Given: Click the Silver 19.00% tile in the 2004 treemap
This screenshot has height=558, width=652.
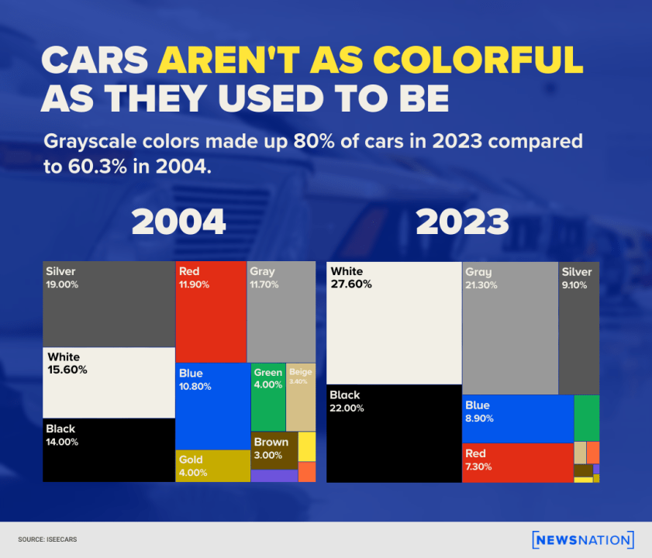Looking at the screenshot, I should click(x=109, y=304).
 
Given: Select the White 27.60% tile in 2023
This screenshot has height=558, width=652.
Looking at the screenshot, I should click(x=394, y=322).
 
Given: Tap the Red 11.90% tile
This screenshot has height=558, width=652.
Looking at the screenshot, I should click(x=211, y=312).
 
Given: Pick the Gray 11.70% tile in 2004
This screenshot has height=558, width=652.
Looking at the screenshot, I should click(x=281, y=312).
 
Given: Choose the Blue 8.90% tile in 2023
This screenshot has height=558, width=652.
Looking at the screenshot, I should click(x=517, y=418).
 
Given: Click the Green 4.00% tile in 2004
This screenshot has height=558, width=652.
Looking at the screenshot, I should click(x=268, y=397).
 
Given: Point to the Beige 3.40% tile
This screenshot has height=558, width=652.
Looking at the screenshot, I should click(x=301, y=397).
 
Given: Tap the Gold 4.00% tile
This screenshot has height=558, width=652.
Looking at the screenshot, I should click(x=212, y=466).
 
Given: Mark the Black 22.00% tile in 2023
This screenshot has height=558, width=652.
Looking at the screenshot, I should click(x=394, y=433).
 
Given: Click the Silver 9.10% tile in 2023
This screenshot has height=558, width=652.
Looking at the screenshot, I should click(x=579, y=328).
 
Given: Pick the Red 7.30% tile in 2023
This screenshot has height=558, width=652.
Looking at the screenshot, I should click(x=517, y=463).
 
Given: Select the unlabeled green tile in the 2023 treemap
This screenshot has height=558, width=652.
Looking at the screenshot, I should click(x=586, y=418).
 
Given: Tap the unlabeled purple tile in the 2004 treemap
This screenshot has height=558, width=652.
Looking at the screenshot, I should click(x=274, y=476).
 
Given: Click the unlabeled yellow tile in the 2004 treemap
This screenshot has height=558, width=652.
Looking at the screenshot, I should click(x=307, y=446).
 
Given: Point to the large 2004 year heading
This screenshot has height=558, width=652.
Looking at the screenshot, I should click(x=178, y=222).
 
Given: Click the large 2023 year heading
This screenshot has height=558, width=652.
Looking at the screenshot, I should click(x=462, y=222).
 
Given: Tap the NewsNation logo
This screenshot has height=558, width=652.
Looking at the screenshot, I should click(x=583, y=539).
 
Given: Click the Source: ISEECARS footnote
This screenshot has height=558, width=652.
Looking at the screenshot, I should click(x=47, y=539).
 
